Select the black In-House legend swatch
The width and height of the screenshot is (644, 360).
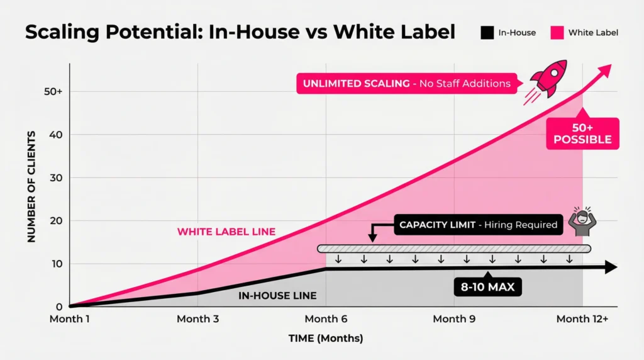486,32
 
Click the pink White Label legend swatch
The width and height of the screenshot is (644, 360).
556,32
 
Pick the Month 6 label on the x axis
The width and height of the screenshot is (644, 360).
326,319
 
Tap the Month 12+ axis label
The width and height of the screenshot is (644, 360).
582,319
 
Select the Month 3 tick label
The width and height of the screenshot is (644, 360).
197,319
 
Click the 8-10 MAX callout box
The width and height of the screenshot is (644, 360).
488,288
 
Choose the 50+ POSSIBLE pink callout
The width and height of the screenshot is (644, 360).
582,133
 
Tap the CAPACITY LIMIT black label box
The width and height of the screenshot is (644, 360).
478,225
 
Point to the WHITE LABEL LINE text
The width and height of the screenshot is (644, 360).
226,232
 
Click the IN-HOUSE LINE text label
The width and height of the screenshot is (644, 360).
277,296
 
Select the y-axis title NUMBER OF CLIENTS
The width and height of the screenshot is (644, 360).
31,188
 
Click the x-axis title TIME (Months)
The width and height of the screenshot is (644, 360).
325,339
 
